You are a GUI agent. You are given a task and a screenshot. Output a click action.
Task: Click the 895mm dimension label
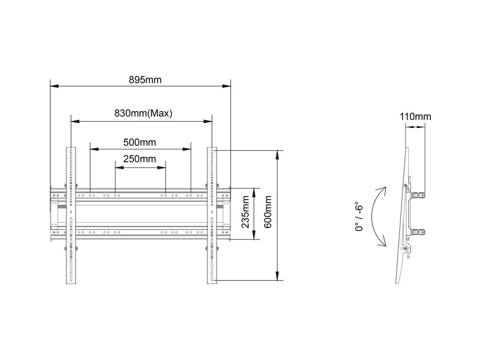145,80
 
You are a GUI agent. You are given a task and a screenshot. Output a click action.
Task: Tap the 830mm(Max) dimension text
143,113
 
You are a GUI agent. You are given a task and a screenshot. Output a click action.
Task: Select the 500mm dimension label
140,142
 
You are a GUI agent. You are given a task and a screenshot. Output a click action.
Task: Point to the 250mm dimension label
140,159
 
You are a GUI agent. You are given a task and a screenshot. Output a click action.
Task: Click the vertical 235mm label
245,212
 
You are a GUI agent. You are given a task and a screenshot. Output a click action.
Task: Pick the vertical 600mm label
268,212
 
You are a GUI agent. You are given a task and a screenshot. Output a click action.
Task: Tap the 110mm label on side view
415,116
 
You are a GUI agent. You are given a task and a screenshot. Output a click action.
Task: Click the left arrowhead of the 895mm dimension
54,86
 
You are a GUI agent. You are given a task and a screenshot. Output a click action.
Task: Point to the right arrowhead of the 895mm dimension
226,86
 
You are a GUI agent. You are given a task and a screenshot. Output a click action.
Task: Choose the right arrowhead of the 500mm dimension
187,149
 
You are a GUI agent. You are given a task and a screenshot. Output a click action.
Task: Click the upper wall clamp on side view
418,195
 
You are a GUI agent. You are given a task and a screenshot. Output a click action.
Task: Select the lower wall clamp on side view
418,232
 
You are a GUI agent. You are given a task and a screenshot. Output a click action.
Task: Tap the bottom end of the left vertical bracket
71,283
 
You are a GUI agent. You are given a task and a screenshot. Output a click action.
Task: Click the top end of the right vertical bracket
212,148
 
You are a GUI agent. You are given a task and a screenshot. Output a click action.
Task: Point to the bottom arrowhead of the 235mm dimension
254,235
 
